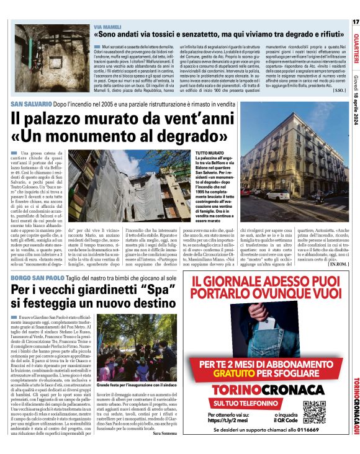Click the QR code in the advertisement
click(x=315, y=412)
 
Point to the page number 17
click(x=355, y=22)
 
